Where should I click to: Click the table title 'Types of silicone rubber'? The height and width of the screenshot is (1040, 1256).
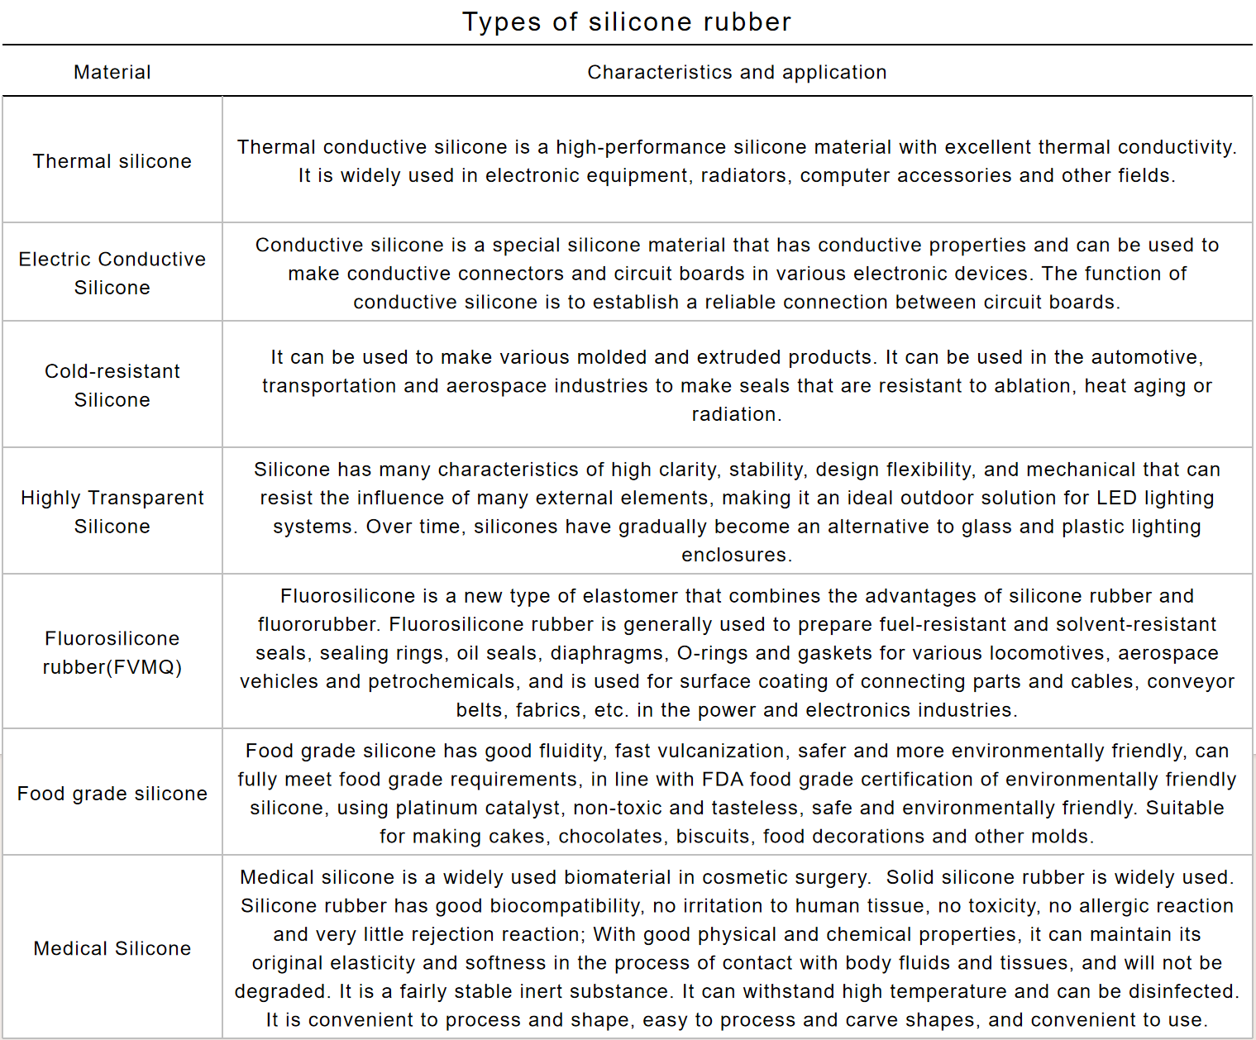click(x=627, y=21)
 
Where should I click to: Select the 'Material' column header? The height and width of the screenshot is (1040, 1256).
click(x=112, y=73)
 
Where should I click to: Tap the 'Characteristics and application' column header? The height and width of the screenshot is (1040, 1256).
click(x=737, y=73)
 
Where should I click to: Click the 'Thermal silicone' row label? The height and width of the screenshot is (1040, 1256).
click(x=112, y=161)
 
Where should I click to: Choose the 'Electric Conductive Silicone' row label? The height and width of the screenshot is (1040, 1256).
click(x=112, y=273)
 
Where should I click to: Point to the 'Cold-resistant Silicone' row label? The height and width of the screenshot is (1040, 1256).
click(x=112, y=385)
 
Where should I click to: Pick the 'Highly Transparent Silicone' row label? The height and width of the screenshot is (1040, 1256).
click(x=112, y=512)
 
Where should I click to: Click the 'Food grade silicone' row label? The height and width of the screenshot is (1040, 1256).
click(x=112, y=794)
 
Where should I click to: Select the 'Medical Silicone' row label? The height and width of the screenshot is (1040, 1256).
click(x=112, y=948)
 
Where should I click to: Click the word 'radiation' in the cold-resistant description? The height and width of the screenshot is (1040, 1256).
click(x=735, y=414)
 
